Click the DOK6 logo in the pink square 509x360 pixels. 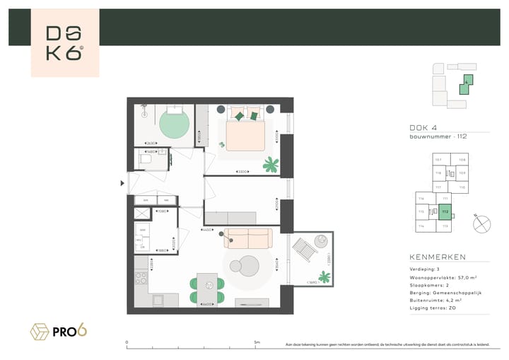click(64, 43)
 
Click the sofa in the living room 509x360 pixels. click(247, 238)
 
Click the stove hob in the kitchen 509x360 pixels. click(141, 273)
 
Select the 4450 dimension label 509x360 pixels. click(208, 230)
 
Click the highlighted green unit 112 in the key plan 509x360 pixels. click(445, 211)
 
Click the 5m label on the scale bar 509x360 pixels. click(257, 342)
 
